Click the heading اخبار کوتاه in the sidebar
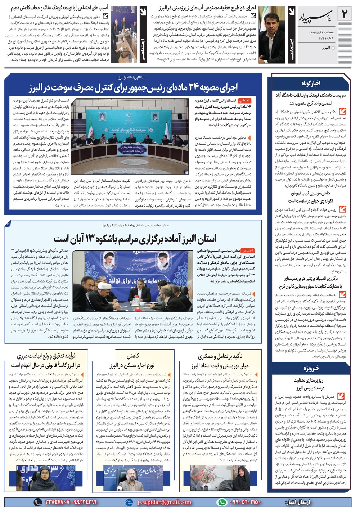(x=311, y=83)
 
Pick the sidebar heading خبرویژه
(x=311, y=369)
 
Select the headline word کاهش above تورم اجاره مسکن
(x=132, y=356)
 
